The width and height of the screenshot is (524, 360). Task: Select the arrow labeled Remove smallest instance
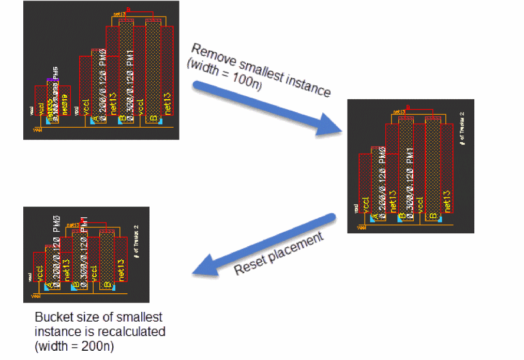[264, 108]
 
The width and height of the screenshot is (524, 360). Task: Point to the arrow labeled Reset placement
[264, 247]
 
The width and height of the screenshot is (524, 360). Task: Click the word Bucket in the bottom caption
[50, 317]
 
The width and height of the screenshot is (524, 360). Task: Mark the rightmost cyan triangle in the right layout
[440, 220]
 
